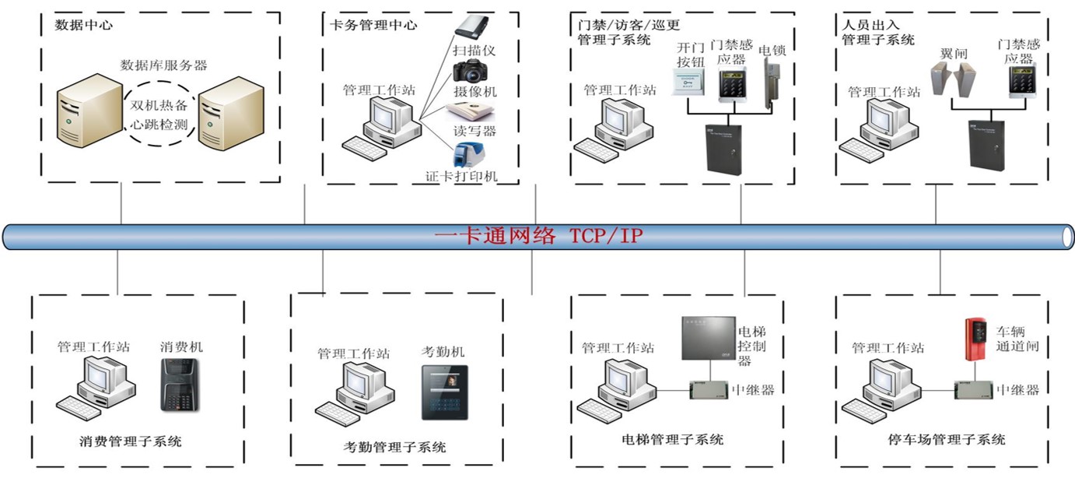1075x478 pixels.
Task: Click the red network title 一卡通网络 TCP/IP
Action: pyautogui.click(x=538, y=235)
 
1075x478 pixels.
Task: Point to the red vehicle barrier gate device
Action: pyautogui.click(x=975, y=339)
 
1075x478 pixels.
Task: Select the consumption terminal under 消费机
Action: pyautogui.click(x=181, y=385)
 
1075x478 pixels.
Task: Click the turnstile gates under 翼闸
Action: pyautogui.click(x=955, y=81)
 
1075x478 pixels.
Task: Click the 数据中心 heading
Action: pyautogui.click(x=83, y=25)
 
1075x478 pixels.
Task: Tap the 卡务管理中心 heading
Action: pyautogui.click(x=373, y=25)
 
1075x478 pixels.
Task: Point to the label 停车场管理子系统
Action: pyautogui.click(x=946, y=440)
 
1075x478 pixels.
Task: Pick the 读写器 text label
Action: pyautogui.click(x=474, y=130)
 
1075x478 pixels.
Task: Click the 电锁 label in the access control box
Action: pyautogui.click(x=772, y=50)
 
